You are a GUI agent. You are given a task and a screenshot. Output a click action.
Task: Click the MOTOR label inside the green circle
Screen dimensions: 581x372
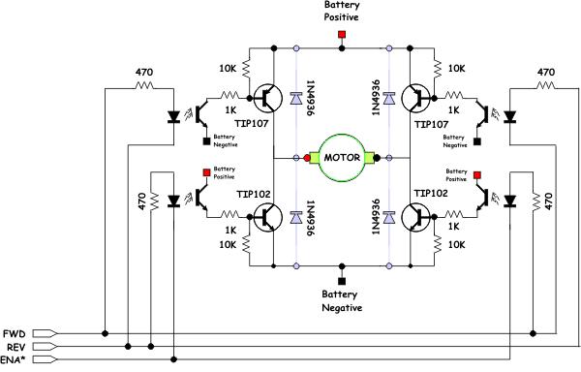coord(342,158)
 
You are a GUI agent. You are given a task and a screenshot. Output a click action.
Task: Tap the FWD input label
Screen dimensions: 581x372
coord(15,334)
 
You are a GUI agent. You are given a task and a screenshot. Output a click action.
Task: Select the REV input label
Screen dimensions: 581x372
coord(16,347)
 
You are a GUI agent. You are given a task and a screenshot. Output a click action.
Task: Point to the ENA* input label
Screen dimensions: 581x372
coord(13,359)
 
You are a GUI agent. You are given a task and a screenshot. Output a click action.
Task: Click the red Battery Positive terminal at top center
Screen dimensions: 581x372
coord(342,35)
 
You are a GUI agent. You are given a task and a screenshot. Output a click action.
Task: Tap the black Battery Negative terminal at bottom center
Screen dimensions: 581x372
coord(342,281)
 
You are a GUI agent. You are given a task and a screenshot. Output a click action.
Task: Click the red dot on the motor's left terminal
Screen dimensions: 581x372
coord(307,158)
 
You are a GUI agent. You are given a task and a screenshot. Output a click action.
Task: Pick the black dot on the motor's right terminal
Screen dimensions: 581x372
coord(377,158)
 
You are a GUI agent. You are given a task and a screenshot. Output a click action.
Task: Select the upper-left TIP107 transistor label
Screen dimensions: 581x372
coord(251,123)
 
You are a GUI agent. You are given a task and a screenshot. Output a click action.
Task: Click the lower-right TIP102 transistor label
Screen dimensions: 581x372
coord(431,193)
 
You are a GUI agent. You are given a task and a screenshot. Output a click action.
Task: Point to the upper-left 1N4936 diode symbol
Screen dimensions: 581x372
coord(296,99)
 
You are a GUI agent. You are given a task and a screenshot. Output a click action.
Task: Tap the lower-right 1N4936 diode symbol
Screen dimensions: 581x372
coord(389,218)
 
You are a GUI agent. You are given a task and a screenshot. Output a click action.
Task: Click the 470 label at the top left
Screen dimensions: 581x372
coord(143,72)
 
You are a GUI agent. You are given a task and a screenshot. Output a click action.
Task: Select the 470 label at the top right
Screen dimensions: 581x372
coord(546,72)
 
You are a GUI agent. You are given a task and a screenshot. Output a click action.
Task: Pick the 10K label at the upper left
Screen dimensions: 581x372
coord(228,68)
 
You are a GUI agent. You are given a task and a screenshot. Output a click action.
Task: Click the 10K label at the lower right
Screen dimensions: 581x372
coord(456,244)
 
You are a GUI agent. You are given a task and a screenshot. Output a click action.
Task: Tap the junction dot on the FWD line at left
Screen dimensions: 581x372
coord(105,334)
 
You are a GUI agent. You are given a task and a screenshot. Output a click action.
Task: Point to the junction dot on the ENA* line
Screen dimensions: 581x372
coord(173,359)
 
